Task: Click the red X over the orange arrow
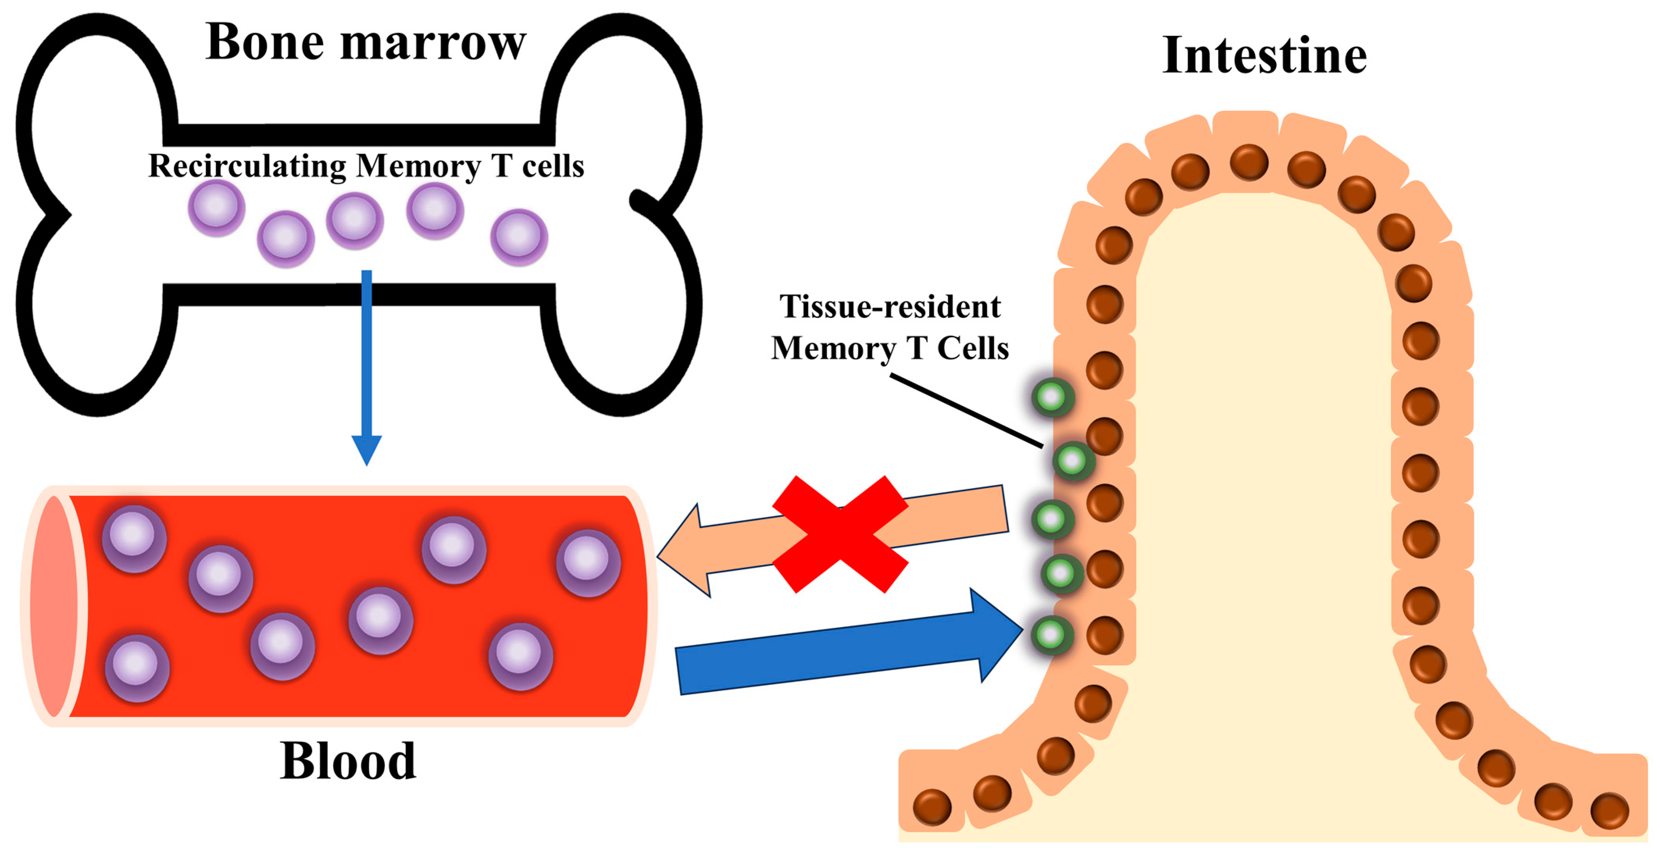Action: click(x=840, y=534)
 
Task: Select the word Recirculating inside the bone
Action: click(x=248, y=166)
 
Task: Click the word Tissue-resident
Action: click(x=890, y=307)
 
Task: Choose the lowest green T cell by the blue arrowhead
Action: click(x=1052, y=635)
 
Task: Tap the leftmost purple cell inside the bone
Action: click(x=216, y=207)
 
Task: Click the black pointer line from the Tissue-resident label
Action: click(x=966, y=410)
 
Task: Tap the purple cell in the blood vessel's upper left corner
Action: click(x=134, y=537)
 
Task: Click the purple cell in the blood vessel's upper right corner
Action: click(x=588, y=562)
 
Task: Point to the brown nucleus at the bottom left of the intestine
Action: click(x=932, y=807)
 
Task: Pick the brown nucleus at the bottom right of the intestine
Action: click(x=1609, y=811)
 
